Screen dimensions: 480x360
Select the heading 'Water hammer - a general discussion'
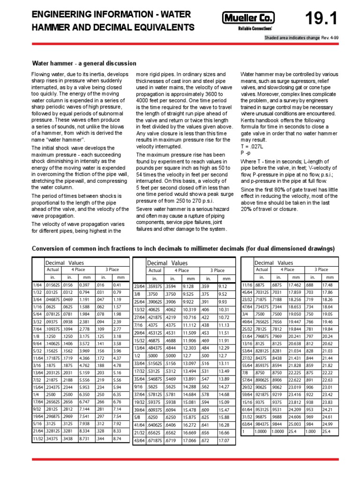pyautogui.click(x=84, y=63)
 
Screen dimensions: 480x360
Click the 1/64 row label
pyautogui.click(x=37, y=285)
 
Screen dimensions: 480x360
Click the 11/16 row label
pyautogui.click(x=247, y=285)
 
